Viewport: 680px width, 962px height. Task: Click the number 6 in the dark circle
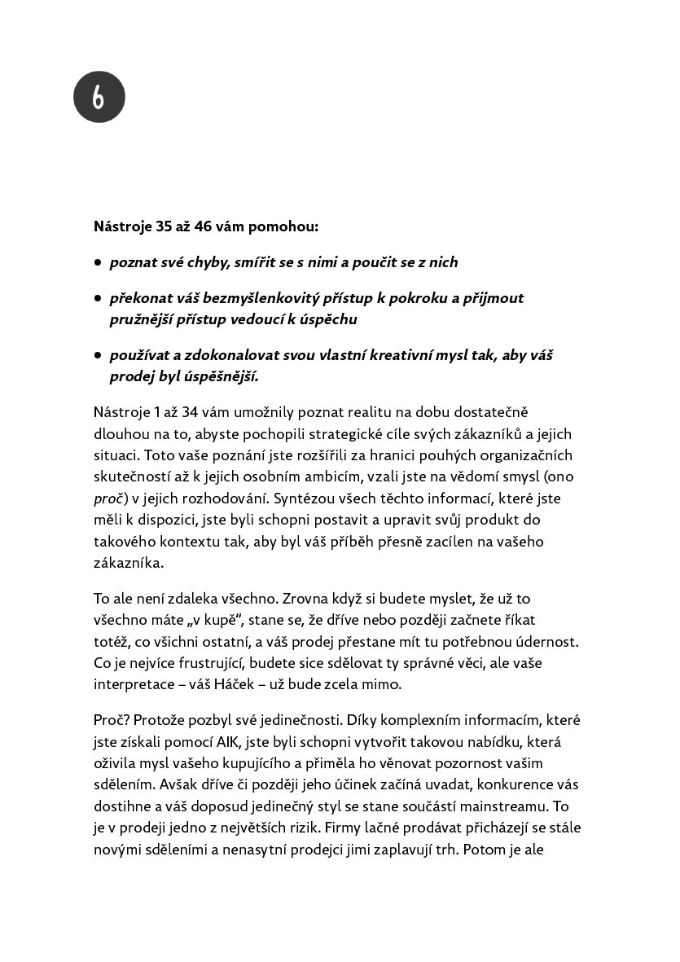pos(99,97)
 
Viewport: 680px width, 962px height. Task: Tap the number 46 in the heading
pos(204,226)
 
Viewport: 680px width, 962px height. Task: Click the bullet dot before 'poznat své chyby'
pos(98,262)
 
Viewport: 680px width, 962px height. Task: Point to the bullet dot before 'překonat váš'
pos(98,298)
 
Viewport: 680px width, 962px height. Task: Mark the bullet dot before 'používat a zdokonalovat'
pos(98,355)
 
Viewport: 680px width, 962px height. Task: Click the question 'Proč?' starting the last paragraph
pos(112,720)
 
